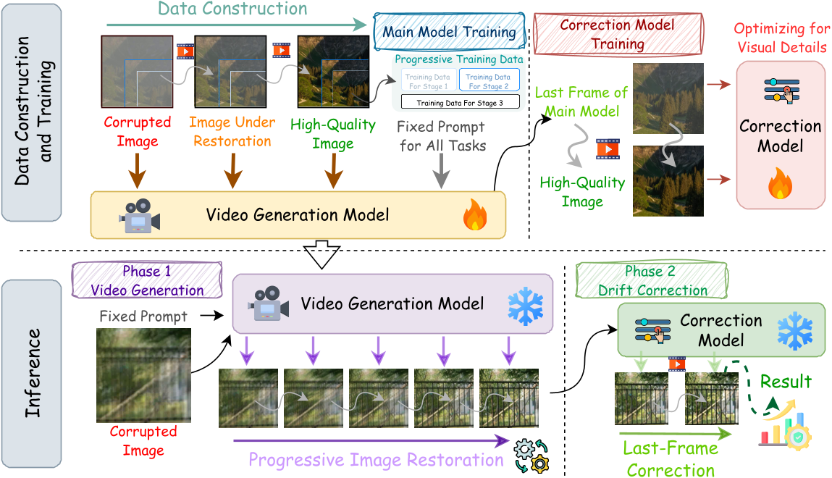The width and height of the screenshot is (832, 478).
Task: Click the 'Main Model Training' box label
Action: (x=449, y=32)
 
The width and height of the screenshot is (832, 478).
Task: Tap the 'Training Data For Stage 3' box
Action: (x=460, y=103)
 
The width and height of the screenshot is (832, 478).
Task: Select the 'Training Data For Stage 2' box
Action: (x=488, y=81)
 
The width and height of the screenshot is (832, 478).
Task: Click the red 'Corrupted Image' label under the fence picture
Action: (x=143, y=440)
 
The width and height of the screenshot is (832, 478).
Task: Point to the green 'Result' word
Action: (x=786, y=381)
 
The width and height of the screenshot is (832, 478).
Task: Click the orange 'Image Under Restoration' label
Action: (x=232, y=131)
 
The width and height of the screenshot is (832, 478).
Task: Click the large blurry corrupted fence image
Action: (x=143, y=374)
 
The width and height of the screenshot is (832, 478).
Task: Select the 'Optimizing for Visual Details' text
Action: (x=780, y=38)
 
